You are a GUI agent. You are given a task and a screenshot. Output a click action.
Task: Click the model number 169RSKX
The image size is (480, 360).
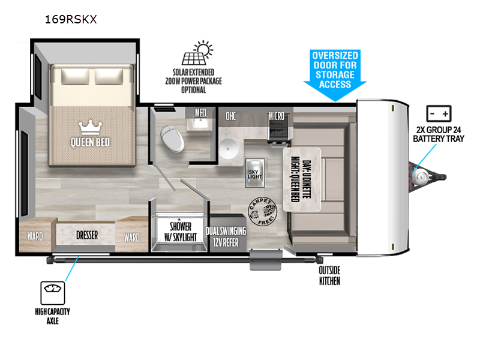70,19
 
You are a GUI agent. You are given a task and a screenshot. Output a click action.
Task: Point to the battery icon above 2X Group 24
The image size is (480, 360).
439,114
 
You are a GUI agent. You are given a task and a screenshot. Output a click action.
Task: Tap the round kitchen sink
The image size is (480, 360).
229,148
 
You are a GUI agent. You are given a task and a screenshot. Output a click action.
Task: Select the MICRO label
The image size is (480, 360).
276,115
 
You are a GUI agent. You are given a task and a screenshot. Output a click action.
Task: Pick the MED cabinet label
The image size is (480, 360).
200,112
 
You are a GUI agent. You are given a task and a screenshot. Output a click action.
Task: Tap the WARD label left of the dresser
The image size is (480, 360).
35,236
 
